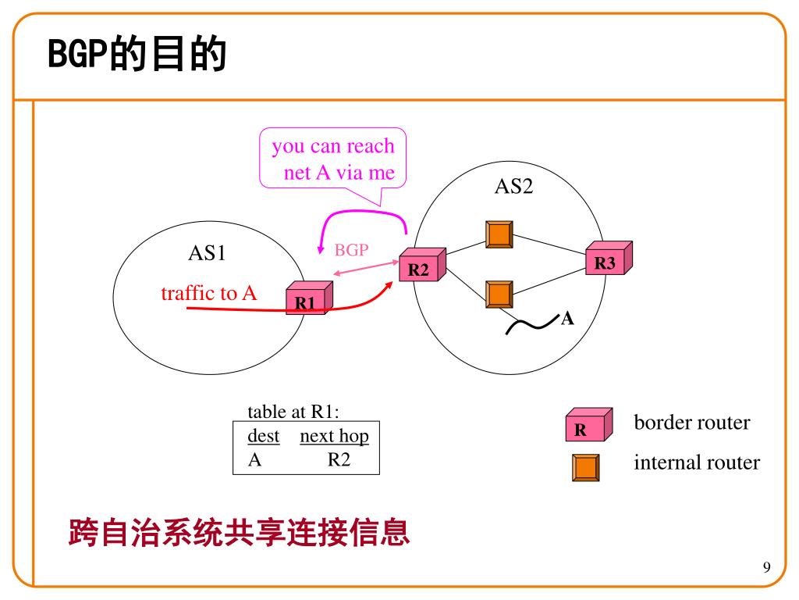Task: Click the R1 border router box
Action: (309, 298)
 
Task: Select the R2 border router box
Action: (421, 266)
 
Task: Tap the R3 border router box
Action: (608, 259)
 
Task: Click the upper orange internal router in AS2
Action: (499, 234)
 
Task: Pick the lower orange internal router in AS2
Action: (499, 294)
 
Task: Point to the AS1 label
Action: (207, 253)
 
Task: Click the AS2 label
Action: (514, 187)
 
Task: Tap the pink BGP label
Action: (351, 250)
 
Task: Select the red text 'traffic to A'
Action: (208, 293)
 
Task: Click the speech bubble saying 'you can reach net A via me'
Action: (333, 159)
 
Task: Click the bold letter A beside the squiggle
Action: (568, 319)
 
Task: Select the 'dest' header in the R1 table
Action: (263, 436)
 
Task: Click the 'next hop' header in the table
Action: (334, 436)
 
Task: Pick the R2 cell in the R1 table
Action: (339, 459)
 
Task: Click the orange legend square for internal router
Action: (585, 467)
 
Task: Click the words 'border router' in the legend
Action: (691, 423)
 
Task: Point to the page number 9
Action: (766, 567)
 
